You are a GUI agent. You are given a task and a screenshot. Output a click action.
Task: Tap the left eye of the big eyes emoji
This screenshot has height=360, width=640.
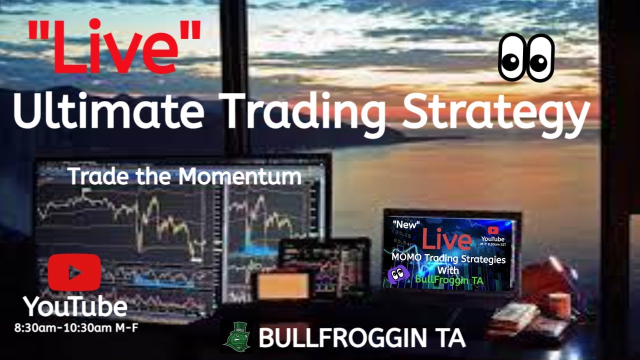point(512,58)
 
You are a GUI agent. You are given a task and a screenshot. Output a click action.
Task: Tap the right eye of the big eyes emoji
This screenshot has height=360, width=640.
point(540,58)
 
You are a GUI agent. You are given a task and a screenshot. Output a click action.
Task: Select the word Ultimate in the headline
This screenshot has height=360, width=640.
point(108,113)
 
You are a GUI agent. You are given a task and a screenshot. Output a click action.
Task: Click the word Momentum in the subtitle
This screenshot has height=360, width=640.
point(240,176)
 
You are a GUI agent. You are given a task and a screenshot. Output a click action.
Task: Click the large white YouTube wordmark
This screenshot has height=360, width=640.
point(74,306)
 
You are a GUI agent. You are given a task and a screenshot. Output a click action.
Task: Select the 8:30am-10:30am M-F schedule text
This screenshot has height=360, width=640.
point(76,328)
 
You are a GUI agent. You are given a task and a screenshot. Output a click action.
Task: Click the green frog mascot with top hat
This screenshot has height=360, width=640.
point(236,337)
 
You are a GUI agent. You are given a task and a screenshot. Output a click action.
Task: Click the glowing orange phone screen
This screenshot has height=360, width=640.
point(283,286)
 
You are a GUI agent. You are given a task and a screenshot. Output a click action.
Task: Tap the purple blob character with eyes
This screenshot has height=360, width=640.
point(398,274)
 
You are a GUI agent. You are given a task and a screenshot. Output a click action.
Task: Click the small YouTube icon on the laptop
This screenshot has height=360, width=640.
point(493,230)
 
